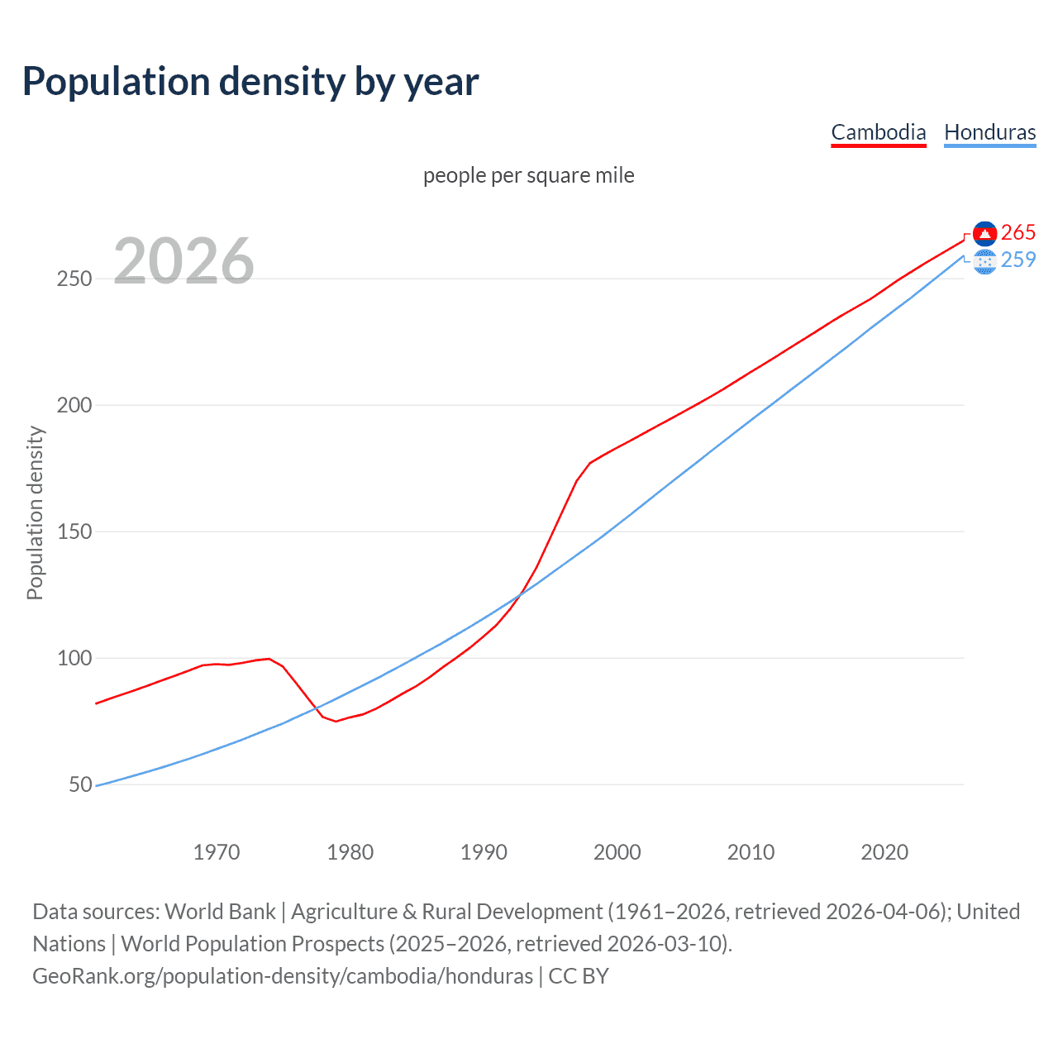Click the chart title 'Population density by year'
(250, 82)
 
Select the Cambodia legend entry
(878, 132)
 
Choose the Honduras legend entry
(989, 132)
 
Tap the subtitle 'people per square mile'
(528, 176)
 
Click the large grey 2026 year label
(183, 261)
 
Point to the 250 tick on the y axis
(74, 279)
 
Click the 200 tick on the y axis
(74, 406)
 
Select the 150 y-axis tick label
(74, 532)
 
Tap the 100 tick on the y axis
(74, 659)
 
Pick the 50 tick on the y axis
(80, 785)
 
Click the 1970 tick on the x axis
(217, 852)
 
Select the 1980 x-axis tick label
(350, 852)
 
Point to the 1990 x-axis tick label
(484, 852)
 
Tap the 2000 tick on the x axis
(617, 852)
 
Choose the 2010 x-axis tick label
(751, 852)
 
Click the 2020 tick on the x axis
(884, 852)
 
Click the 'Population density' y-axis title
(35, 512)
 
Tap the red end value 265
(1018, 233)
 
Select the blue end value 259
(1018, 260)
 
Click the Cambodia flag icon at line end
(984, 233)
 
